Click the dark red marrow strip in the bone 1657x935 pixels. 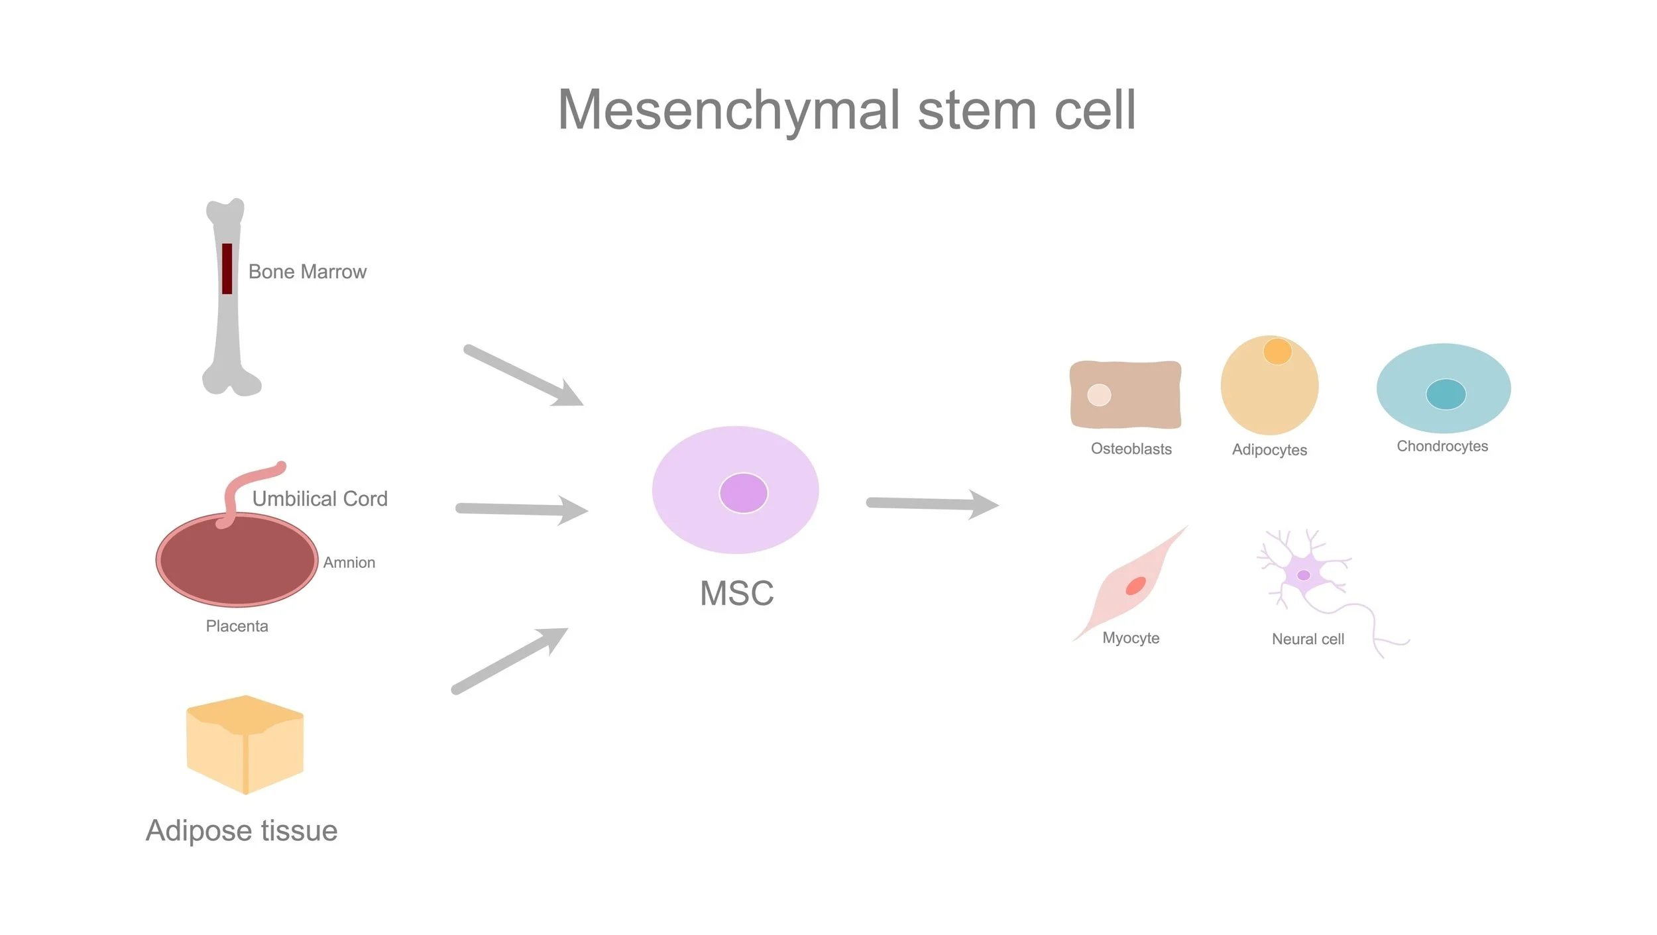(x=227, y=268)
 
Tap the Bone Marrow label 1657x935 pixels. (x=307, y=272)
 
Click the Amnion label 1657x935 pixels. (x=349, y=563)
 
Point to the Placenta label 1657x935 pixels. (x=237, y=626)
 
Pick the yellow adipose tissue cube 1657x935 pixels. (x=245, y=745)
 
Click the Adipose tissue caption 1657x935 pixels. (x=241, y=831)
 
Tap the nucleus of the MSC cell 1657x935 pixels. (x=743, y=493)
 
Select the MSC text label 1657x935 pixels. (x=736, y=593)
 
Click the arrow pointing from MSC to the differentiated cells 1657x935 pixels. (x=931, y=504)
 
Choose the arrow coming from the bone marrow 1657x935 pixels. (x=524, y=376)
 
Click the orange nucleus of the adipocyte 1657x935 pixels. (x=1277, y=351)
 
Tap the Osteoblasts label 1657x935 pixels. (x=1131, y=449)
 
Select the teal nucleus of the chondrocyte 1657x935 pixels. (x=1446, y=394)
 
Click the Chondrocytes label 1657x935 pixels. (x=1442, y=447)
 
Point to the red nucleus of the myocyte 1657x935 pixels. (x=1135, y=586)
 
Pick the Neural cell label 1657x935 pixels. (x=1308, y=639)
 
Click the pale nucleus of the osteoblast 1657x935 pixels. (x=1099, y=395)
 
